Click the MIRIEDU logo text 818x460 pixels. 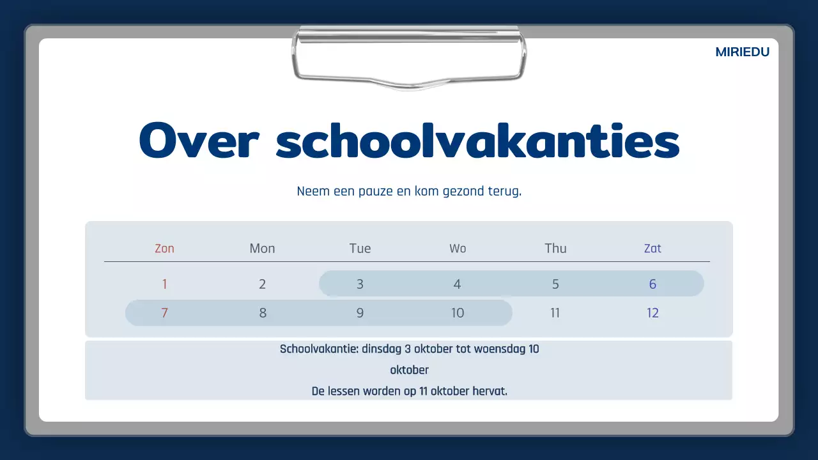click(742, 52)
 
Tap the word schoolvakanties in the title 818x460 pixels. click(477, 141)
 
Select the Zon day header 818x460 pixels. click(164, 249)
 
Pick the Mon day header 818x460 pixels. click(262, 249)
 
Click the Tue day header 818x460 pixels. click(360, 249)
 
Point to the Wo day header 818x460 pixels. click(458, 249)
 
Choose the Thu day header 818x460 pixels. click(555, 249)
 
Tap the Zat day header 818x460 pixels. click(652, 249)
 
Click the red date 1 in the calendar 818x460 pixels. click(164, 284)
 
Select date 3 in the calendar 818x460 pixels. click(360, 284)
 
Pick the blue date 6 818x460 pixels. click(652, 284)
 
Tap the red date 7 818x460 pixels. click(164, 313)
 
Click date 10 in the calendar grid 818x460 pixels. click(458, 313)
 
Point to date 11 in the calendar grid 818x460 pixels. click(555, 313)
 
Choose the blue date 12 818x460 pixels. click(652, 313)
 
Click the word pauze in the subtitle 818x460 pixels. click(374, 192)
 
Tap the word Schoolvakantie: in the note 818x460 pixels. click(319, 349)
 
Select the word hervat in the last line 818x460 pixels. click(490, 391)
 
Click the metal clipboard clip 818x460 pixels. click(409, 57)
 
